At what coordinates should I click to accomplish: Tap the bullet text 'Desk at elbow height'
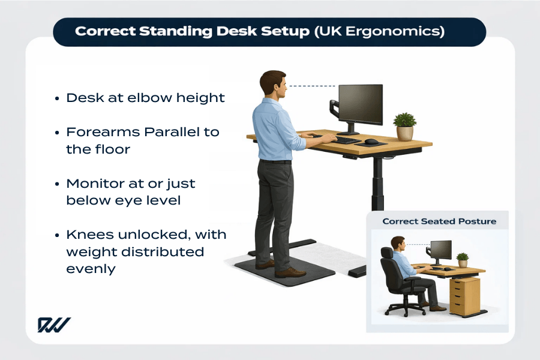tap(145, 98)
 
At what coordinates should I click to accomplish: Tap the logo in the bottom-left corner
tap(54, 325)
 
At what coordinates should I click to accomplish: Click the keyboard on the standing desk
tap(347, 139)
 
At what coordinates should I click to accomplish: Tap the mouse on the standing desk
tap(372, 142)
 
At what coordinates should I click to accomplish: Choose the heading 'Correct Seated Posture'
tap(439, 221)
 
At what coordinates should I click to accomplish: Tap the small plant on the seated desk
tap(462, 259)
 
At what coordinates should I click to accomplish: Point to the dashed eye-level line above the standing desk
tap(312, 86)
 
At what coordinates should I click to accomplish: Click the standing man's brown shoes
tap(282, 269)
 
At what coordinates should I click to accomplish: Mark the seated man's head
tap(397, 244)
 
